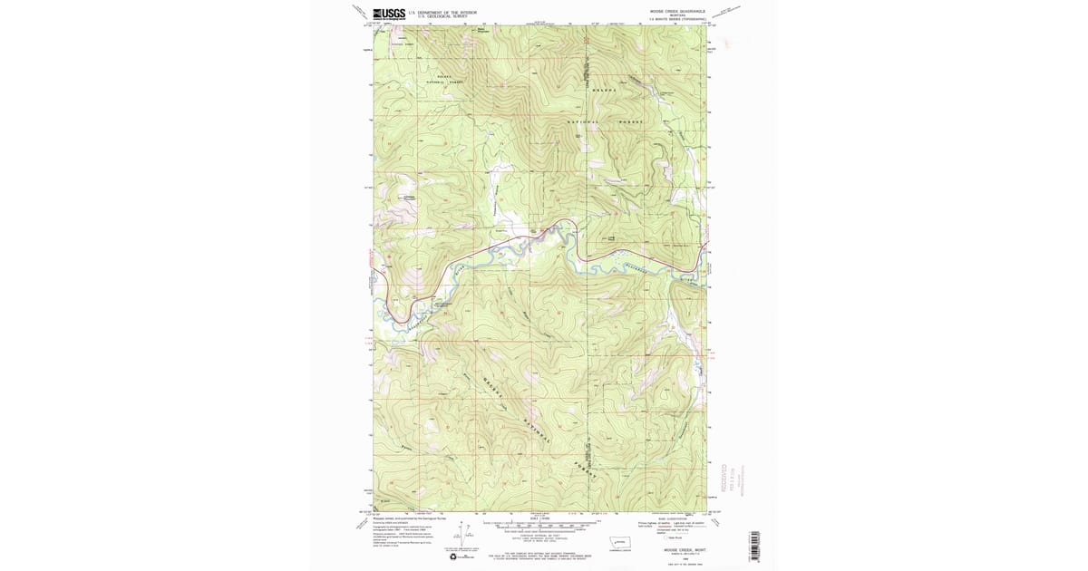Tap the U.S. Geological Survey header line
tap(431, 16)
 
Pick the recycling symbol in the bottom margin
tap(454, 556)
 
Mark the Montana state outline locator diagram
tap(622, 544)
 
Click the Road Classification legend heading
tap(675, 518)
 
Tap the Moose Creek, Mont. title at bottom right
tap(676, 549)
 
